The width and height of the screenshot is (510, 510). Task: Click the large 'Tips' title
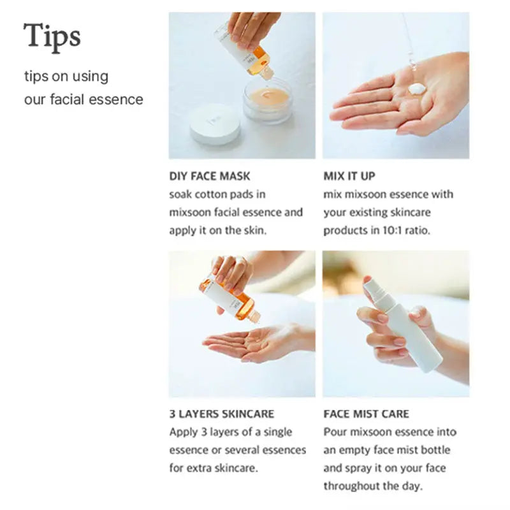pyautogui.click(x=52, y=36)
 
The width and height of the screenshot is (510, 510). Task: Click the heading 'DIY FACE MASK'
pyautogui.click(x=210, y=176)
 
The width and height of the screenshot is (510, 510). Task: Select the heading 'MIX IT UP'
pyautogui.click(x=349, y=176)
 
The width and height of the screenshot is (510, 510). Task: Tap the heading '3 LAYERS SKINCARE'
pyautogui.click(x=222, y=414)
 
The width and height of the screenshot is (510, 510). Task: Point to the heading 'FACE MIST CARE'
pyautogui.click(x=366, y=414)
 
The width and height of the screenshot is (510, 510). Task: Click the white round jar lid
pyautogui.click(x=215, y=124)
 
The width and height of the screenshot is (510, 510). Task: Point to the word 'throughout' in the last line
pyautogui.click(x=351, y=486)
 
